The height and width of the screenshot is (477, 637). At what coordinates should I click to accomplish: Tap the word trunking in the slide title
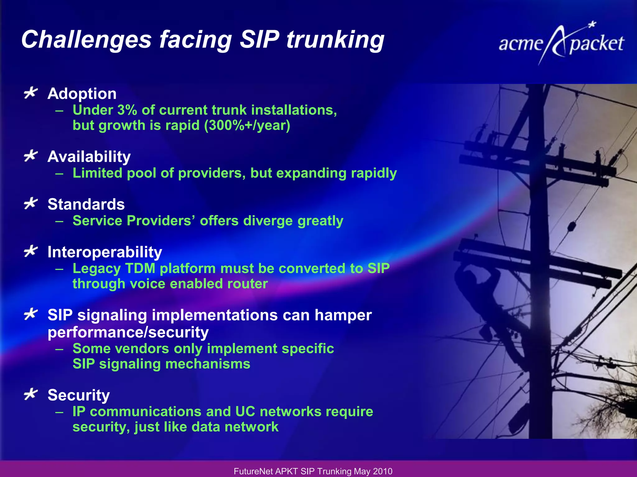(x=335, y=40)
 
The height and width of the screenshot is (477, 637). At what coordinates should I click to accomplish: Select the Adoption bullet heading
(x=82, y=93)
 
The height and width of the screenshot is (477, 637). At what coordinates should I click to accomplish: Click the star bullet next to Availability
(x=30, y=156)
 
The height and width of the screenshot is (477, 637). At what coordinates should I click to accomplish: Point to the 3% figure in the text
(x=127, y=110)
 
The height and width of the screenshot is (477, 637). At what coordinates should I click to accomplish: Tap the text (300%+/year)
(x=247, y=125)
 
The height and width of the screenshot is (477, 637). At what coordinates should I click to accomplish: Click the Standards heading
(x=86, y=204)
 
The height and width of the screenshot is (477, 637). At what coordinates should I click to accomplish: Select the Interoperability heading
(x=105, y=252)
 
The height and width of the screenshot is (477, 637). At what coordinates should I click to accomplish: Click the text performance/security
(x=128, y=332)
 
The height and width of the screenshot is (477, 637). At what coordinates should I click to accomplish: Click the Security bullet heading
(x=79, y=395)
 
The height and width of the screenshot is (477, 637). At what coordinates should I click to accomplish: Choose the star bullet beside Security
(x=30, y=394)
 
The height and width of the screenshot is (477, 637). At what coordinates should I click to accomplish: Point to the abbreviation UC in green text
(x=245, y=412)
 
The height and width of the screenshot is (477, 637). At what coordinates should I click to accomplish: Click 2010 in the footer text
(x=383, y=471)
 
